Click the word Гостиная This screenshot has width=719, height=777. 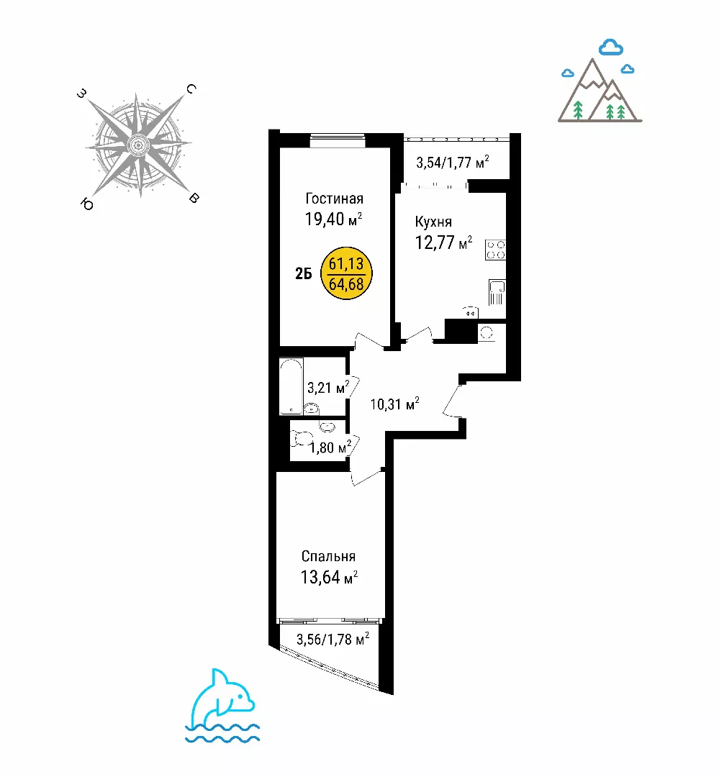(x=334, y=199)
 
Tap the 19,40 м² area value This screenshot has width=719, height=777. (x=333, y=219)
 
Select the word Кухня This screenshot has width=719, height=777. (x=433, y=222)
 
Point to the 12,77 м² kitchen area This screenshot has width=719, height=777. (x=443, y=242)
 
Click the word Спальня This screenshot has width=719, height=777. (x=328, y=556)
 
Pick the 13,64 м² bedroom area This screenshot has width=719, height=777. (x=329, y=577)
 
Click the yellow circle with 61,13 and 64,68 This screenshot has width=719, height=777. (x=346, y=273)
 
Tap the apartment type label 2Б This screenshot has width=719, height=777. (x=304, y=273)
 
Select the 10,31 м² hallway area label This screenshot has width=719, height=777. (x=394, y=404)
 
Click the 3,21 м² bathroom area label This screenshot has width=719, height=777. (x=327, y=387)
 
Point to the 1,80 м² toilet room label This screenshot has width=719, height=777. (x=330, y=447)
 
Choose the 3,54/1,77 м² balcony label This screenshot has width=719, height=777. (x=452, y=162)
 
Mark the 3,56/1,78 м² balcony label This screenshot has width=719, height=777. (x=333, y=639)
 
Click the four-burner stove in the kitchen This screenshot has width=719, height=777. (x=495, y=250)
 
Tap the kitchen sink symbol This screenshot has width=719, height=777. (x=497, y=292)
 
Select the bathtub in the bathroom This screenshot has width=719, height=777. (x=291, y=386)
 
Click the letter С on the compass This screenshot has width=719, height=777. (x=191, y=88)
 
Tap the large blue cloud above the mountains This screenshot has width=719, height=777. (x=611, y=47)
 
